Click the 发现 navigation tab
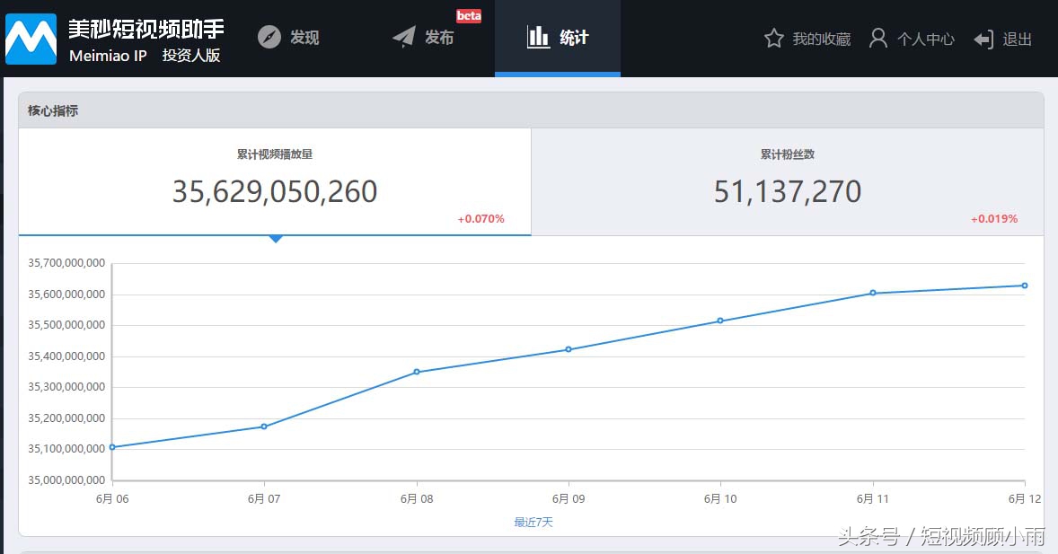pos(289,38)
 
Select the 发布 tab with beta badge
pos(424,38)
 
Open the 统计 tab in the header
pos(558,38)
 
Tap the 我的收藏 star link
pos(807,39)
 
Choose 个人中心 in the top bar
pos(912,39)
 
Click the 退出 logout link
pos(1003,39)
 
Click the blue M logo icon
pos(31,39)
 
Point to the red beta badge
pos(469,16)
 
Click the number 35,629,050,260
pos(275,191)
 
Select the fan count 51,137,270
pos(788,191)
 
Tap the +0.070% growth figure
pos(481,219)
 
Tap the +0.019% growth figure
pos(994,219)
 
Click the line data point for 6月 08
pos(417,372)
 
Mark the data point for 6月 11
pos(873,293)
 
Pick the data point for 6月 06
pos(112,447)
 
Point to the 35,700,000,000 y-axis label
pos(66,263)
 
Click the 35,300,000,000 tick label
pos(66,387)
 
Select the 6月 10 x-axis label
pos(720,498)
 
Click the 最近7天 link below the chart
pos(533,522)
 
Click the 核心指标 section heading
pos(53,111)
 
